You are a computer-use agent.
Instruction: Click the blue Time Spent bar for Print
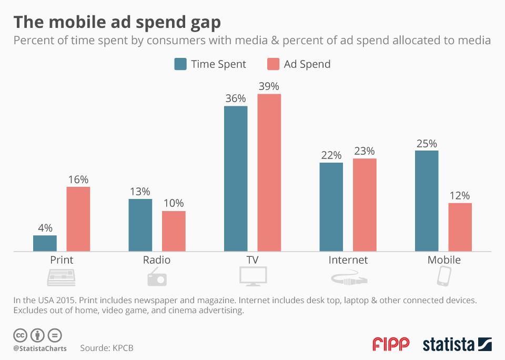(x=45, y=243)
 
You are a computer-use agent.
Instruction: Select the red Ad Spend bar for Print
(x=78, y=219)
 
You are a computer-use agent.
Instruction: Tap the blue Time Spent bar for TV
(x=236, y=179)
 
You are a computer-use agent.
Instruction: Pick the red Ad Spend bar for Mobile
(x=460, y=227)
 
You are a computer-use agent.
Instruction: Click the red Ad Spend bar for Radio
(x=174, y=231)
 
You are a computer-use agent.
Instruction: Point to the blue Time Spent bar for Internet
(x=331, y=207)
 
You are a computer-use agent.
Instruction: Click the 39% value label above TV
(x=269, y=86)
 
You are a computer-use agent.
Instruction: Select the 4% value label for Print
(x=45, y=228)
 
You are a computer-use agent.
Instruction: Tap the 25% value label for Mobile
(x=427, y=143)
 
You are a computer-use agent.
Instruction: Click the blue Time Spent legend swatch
(x=180, y=64)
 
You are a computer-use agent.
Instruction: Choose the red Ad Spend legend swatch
(x=273, y=64)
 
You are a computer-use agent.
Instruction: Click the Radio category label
(x=157, y=260)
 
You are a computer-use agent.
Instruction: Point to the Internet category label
(x=348, y=260)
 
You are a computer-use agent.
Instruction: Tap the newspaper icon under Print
(x=61, y=277)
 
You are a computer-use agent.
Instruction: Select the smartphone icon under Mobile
(x=444, y=276)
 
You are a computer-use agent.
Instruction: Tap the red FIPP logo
(x=390, y=344)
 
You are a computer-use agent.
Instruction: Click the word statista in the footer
(x=449, y=345)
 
